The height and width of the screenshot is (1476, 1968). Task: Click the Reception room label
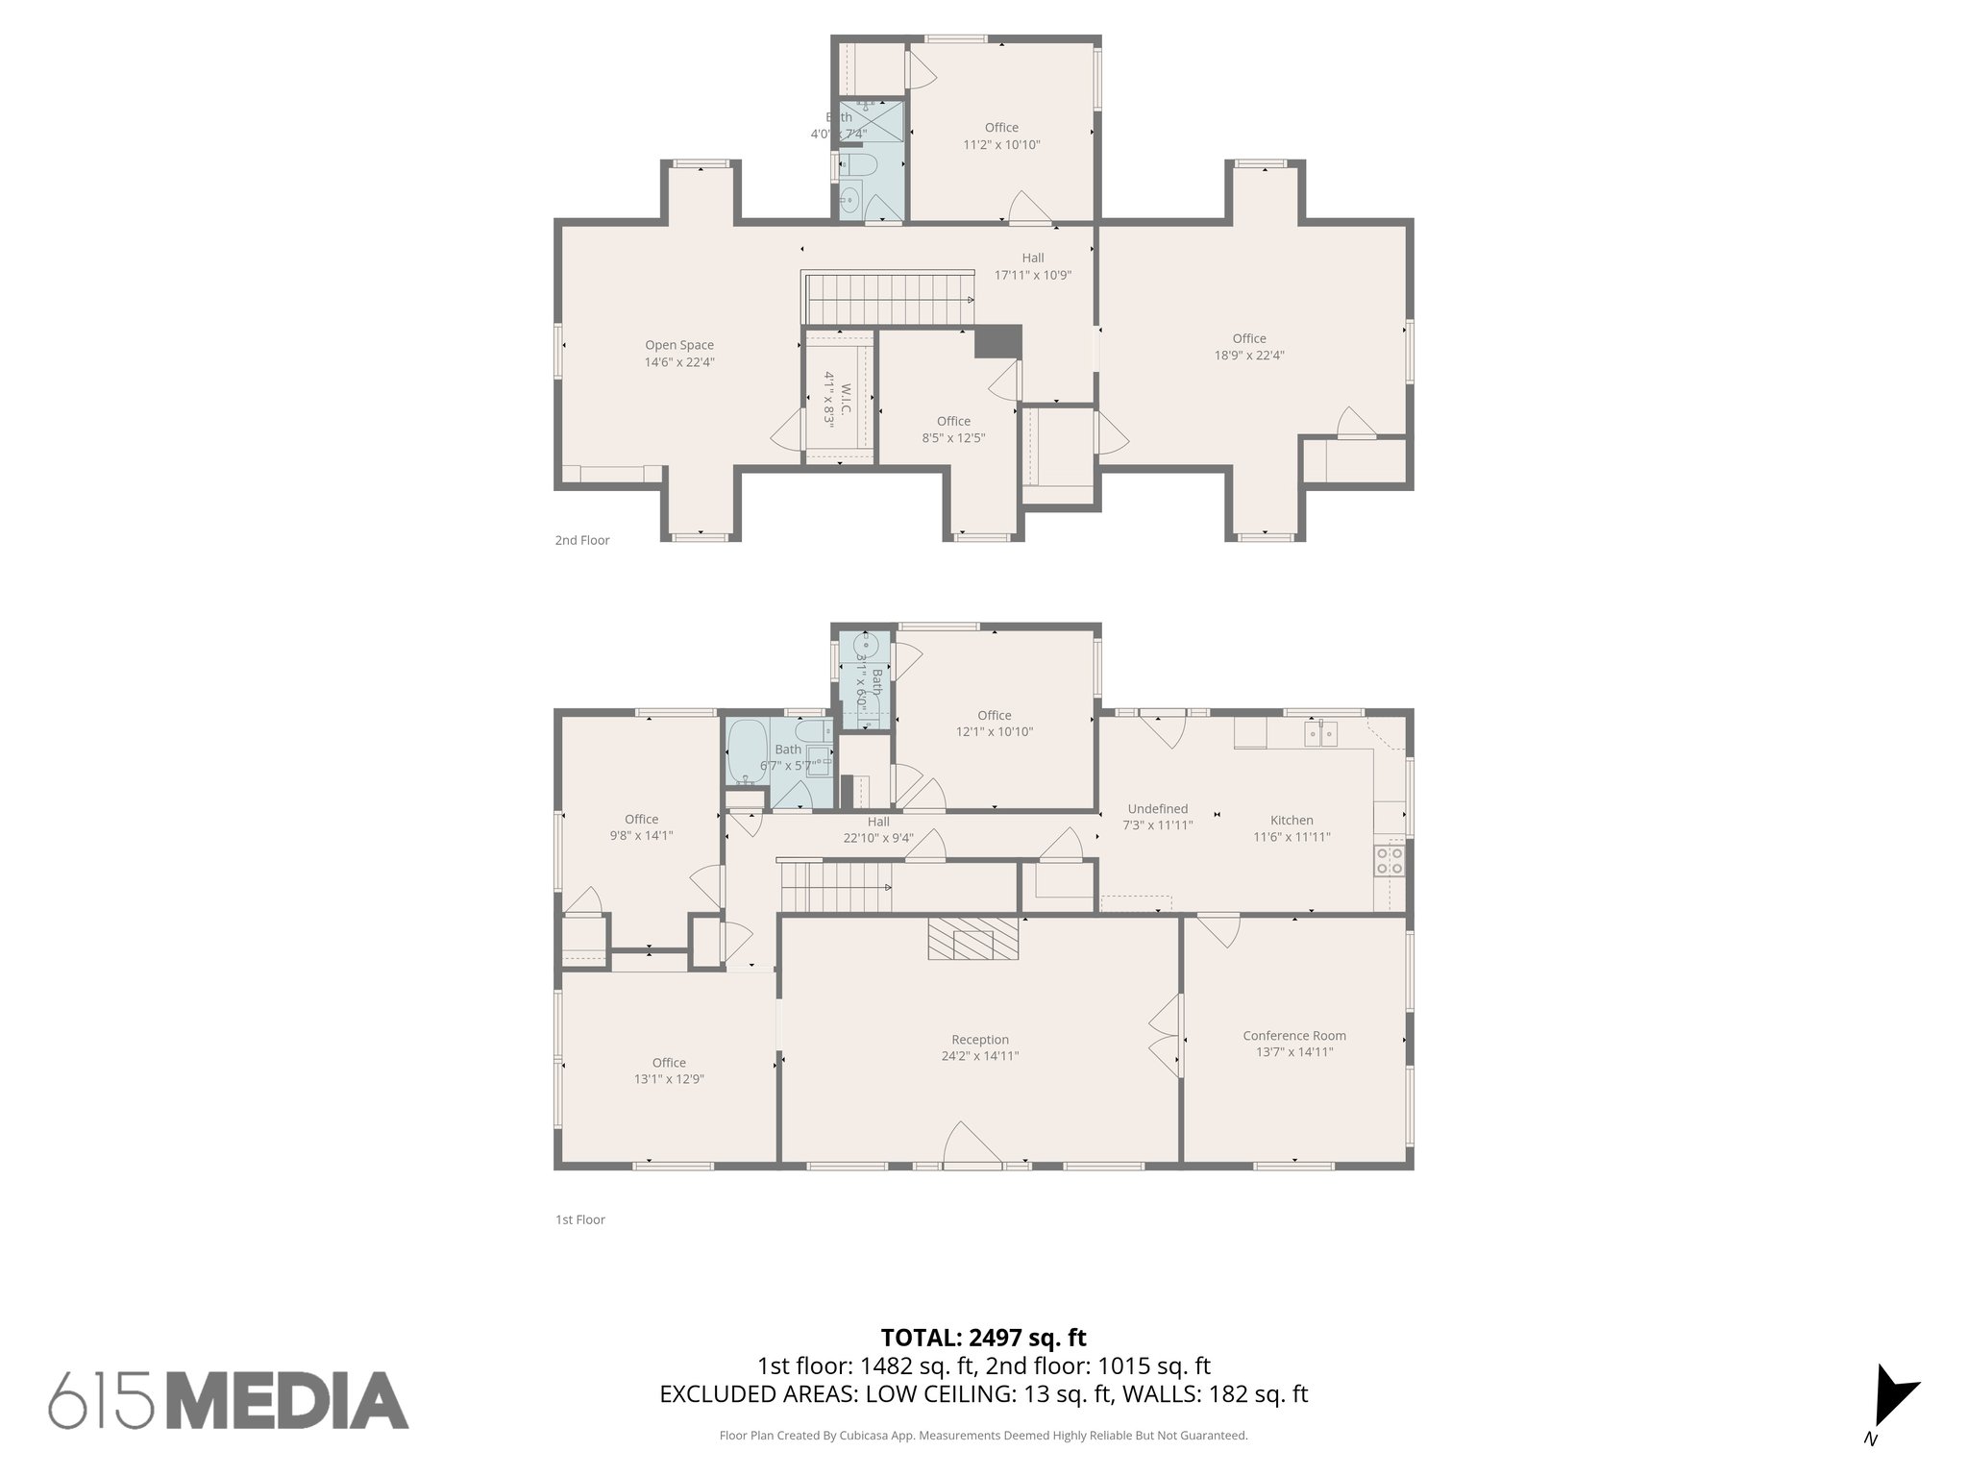[x=979, y=1040]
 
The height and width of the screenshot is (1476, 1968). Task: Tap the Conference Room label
[x=1293, y=1036]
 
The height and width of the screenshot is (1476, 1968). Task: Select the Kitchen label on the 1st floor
[x=1291, y=821]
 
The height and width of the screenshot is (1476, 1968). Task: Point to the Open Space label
[x=679, y=346]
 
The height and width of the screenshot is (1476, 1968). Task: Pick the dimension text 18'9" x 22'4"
[x=1249, y=356]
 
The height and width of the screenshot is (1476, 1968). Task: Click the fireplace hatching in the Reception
[x=972, y=938]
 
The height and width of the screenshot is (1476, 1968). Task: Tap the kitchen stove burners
[x=1389, y=859]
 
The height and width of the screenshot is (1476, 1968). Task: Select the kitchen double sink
[x=1321, y=734]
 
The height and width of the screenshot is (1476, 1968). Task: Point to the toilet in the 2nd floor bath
[x=857, y=165]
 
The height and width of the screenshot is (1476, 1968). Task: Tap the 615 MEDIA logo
[x=229, y=1400]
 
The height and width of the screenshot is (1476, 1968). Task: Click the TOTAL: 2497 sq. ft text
[x=983, y=1338]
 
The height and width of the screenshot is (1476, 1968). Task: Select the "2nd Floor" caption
[x=581, y=540]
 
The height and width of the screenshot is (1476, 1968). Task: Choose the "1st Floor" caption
[x=579, y=1219]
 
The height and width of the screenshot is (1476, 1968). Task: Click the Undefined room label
[x=1157, y=809]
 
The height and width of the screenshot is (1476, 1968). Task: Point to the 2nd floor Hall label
[x=1033, y=258]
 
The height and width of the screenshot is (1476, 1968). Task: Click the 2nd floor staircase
[x=889, y=299]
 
